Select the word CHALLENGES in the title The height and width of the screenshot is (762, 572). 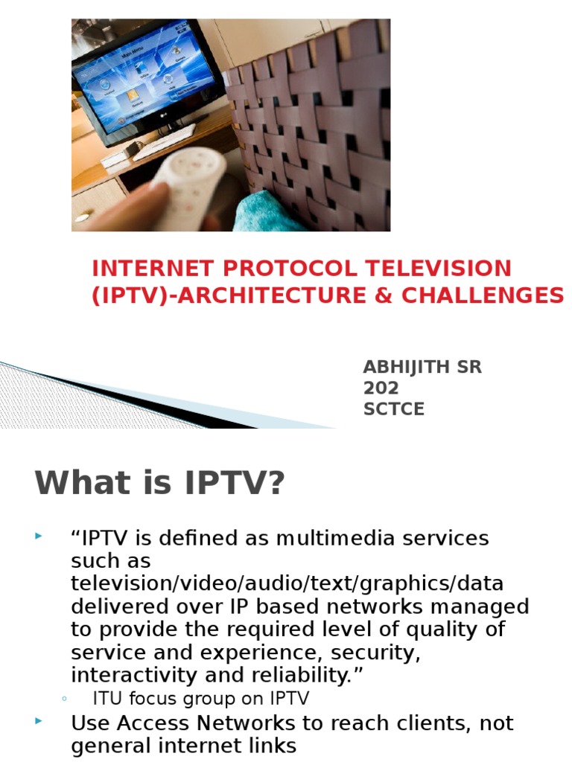(483, 295)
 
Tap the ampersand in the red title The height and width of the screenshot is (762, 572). (384, 295)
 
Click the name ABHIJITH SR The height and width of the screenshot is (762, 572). (422, 367)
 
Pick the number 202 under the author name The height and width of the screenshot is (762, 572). (381, 388)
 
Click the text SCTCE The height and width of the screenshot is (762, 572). (393, 409)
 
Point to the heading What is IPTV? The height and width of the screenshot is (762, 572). (160, 483)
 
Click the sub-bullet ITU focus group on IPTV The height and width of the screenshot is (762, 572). (200, 698)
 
